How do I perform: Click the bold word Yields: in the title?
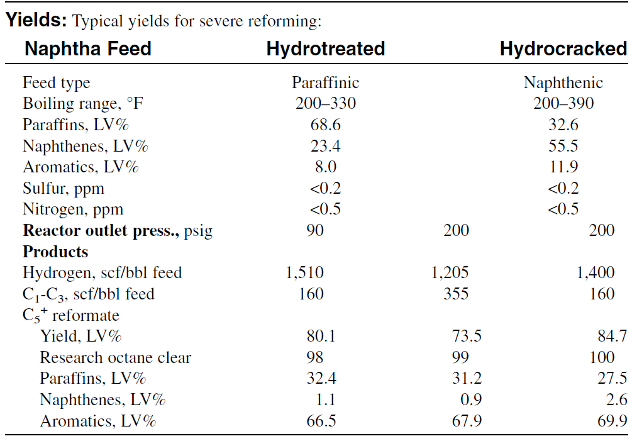tap(36, 20)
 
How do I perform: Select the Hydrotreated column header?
tap(326, 49)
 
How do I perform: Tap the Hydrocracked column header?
tap(563, 49)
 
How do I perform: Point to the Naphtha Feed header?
tap(88, 49)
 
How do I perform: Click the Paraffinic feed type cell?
tap(325, 82)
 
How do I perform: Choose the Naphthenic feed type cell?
tap(563, 82)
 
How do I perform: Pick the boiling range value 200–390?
tap(563, 103)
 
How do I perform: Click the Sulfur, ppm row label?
tap(64, 189)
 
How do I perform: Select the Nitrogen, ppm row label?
tap(73, 209)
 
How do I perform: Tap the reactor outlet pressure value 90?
tap(315, 230)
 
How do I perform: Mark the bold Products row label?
tap(55, 252)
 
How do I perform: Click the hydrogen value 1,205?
tap(450, 273)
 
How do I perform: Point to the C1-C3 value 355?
tap(456, 294)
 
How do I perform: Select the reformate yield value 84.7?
tap(613, 336)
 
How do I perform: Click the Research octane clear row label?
tap(115, 357)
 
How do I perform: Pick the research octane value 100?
tap(602, 357)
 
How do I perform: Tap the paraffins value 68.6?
tap(325, 125)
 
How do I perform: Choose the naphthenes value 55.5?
tap(563, 145)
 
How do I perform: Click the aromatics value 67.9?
tap(467, 421)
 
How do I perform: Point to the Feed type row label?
tap(57, 82)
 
